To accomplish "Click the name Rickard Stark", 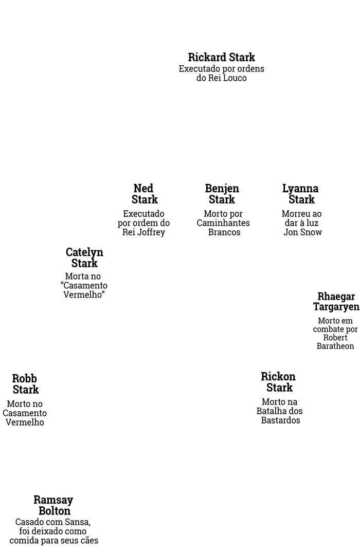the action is (x=221, y=57).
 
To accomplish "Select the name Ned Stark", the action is (x=145, y=194).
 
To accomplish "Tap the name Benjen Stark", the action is (x=222, y=194).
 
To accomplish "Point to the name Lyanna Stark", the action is (x=300, y=194).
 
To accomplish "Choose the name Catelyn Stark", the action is (x=84, y=257).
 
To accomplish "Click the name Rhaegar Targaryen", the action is (x=336, y=302).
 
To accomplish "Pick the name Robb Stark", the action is (x=25, y=384).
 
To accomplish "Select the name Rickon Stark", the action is (x=278, y=382).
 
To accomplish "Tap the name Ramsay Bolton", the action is (x=53, y=505).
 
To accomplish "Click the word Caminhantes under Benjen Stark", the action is (x=223, y=223).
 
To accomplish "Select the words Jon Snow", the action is (x=303, y=232).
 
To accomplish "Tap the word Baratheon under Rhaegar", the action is (x=335, y=346).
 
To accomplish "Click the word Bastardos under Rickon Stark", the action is (x=281, y=420).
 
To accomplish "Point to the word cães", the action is (x=89, y=540).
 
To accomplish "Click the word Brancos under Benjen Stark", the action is (x=224, y=232).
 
